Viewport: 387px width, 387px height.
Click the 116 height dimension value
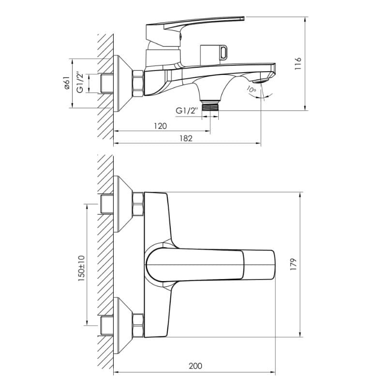tap(298, 64)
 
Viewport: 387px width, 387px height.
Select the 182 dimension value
tap(186, 138)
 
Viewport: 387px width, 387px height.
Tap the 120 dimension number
tap(161, 126)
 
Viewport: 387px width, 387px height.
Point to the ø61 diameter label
tap(67, 83)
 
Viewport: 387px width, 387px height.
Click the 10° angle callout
tap(251, 89)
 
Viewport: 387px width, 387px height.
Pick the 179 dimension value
tap(293, 264)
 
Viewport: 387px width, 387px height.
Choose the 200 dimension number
tap(195, 366)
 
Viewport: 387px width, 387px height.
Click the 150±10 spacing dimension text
tap(81, 268)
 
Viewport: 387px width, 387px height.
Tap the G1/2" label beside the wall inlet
tap(80, 82)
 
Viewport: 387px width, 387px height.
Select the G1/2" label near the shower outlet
tap(187, 111)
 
